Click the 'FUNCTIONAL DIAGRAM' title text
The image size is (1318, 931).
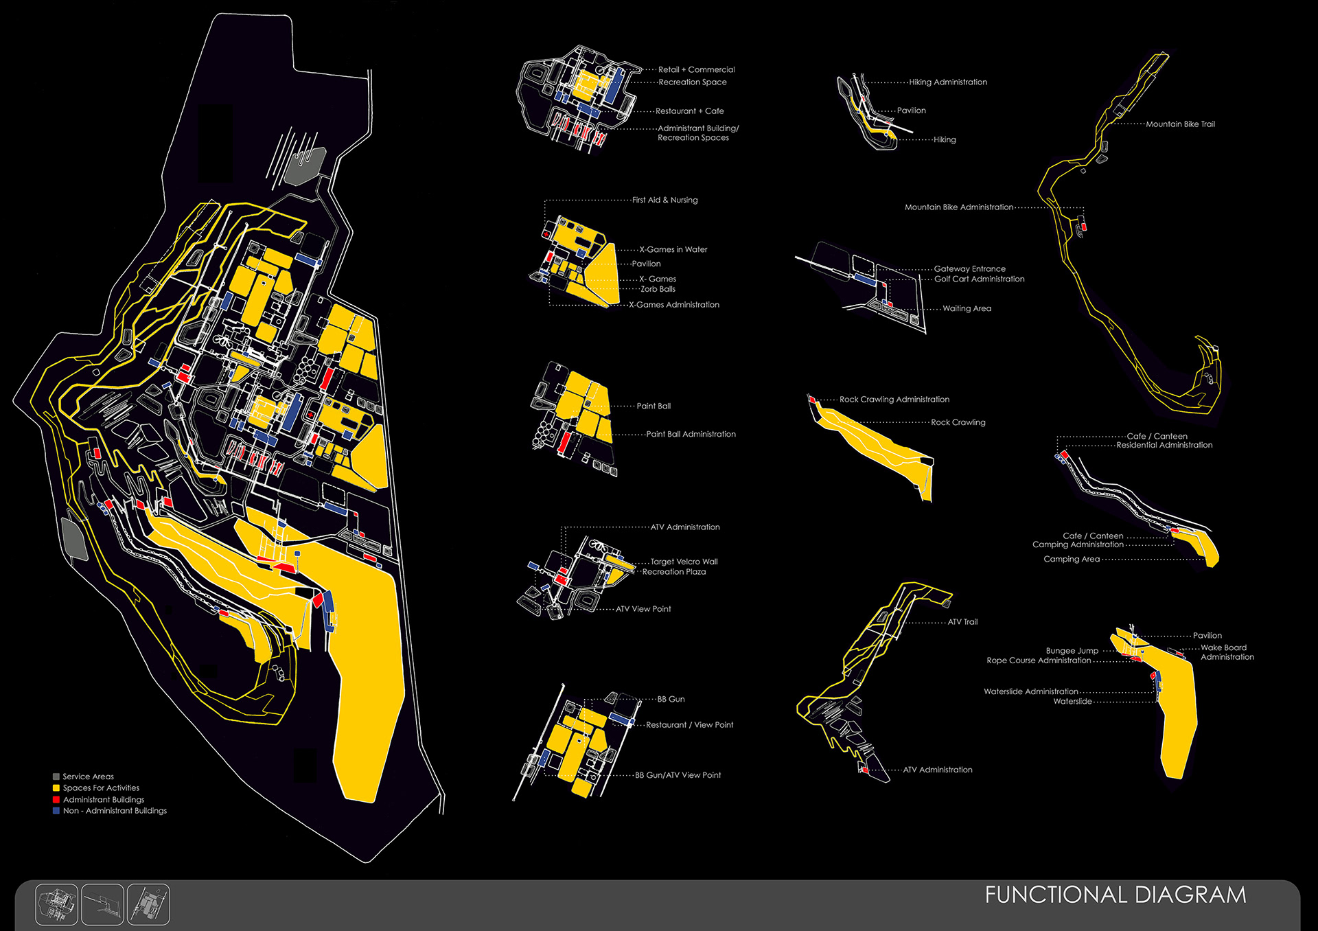click(x=1115, y=895)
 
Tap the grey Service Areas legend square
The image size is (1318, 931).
click(x=56, y=777)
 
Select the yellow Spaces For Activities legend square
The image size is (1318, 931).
click(x=56, y=788)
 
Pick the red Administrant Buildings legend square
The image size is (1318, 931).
click(x=56, y=800)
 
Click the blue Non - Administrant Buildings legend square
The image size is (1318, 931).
click(x=56, y=811)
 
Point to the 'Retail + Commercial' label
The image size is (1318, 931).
click(x=696, y=69)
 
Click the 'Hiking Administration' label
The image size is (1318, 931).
click(x=948, y=82)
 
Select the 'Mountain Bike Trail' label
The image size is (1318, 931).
click(x=1180, y=124)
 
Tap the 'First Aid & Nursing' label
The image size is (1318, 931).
click(x=664, y=200)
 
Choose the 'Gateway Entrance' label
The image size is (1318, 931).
click(x=969, y=268)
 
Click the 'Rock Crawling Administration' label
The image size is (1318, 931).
click(x=894, y=399)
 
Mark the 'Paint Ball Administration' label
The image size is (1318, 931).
click(x=691, y=434)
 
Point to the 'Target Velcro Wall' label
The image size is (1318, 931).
click(x=684, y=562)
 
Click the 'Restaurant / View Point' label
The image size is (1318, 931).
click(x=689, y=725)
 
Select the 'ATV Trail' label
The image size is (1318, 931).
click(x=962, y=622)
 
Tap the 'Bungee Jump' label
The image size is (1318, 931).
click(x=1072, y=650)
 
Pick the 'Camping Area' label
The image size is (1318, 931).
click(x=1072, y=559)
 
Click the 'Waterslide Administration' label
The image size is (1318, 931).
click(x=1030, y=691)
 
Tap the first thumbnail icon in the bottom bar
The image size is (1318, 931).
click(x=56, y=904)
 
